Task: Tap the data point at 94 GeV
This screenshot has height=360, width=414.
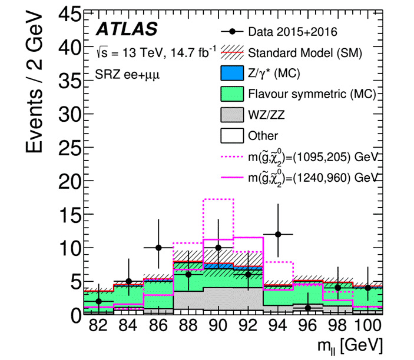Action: tap(278, 234)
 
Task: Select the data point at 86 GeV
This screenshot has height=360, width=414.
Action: tap(158, 248)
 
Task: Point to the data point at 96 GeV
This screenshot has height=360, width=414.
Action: tap(308, 308)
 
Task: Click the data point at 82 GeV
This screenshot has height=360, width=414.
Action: tap(98, 301)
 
